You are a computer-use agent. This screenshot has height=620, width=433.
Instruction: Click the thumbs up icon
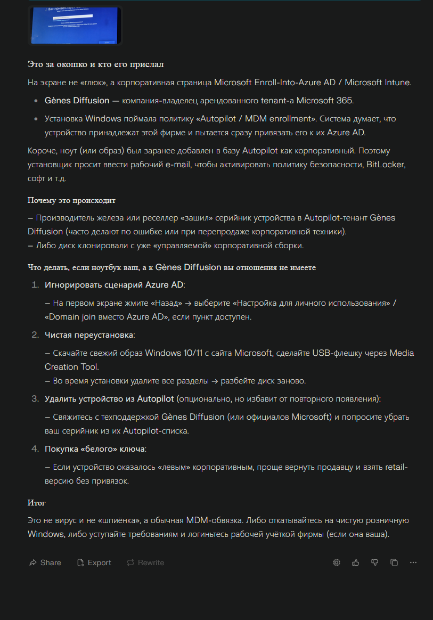tap(356, 562)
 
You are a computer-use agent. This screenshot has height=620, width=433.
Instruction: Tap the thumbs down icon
tap(375, 562)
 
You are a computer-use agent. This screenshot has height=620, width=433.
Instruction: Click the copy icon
tap(394, 562)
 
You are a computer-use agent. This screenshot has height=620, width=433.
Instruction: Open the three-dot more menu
tap(413, 562)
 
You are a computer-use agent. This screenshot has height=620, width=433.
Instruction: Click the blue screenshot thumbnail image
tap(75, 25)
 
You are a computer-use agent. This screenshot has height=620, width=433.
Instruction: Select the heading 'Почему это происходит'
tap(71, 200)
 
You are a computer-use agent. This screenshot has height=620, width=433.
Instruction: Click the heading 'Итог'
tap(37, 503)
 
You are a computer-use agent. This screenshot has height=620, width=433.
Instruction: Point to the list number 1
tap(35, 284)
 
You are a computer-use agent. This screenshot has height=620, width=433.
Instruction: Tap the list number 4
tap(35, 448)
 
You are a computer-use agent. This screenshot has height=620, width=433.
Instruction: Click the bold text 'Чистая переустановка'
tap(89, 335)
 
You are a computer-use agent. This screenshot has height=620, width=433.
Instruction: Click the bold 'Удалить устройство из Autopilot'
tap(109, 398)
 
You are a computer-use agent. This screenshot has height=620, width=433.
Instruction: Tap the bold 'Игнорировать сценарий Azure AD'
tap(115, 284)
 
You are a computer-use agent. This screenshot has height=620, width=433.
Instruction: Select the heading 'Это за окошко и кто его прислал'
tap(95, 64)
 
